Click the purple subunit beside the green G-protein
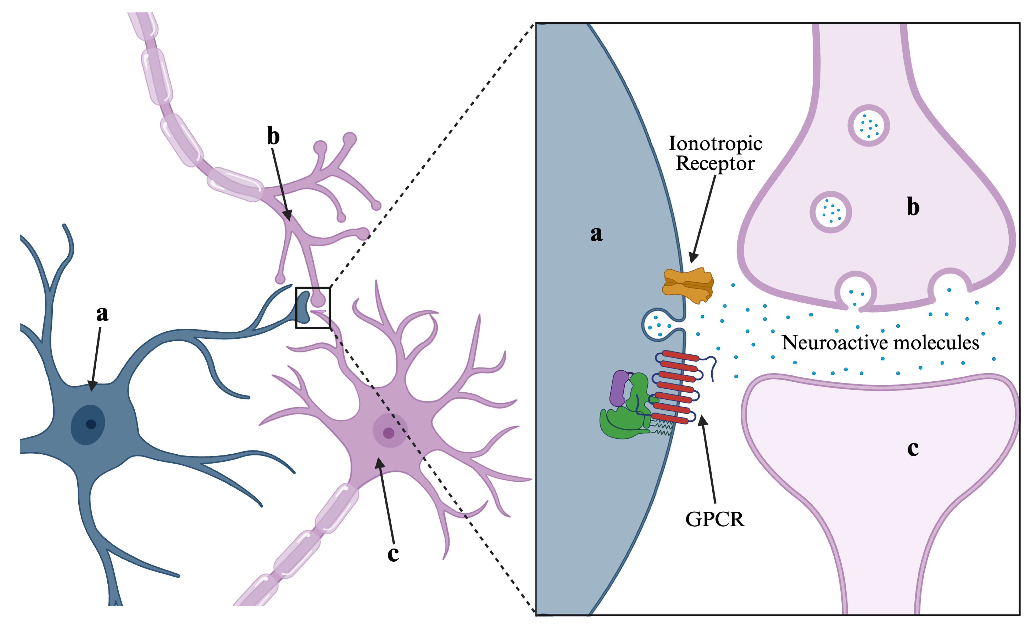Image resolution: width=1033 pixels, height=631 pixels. (x=618, y=388)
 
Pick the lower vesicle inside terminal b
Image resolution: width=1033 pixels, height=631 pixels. (x=830, y=212)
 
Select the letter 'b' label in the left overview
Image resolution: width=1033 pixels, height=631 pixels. (x=273, y=136)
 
